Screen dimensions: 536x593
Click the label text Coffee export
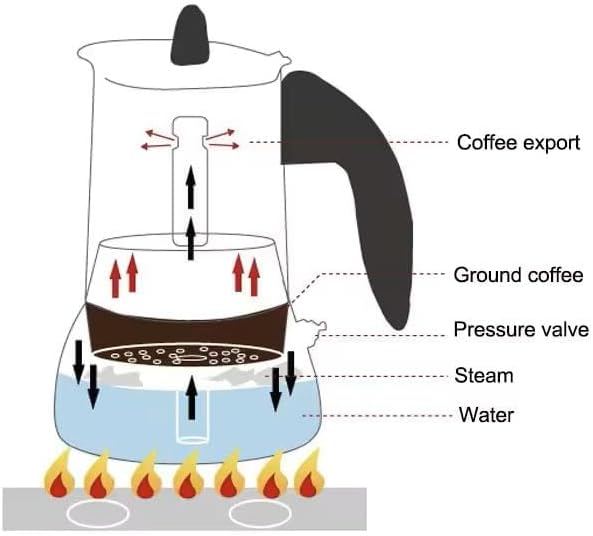518,142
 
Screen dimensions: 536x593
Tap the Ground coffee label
518,274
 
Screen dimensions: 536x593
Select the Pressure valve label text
520,330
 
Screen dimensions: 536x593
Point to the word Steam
483,376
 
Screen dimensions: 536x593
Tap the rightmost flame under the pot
311,475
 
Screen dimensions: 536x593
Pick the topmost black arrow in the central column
191,187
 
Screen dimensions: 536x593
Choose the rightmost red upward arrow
254,274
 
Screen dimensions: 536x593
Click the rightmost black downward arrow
291,370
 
